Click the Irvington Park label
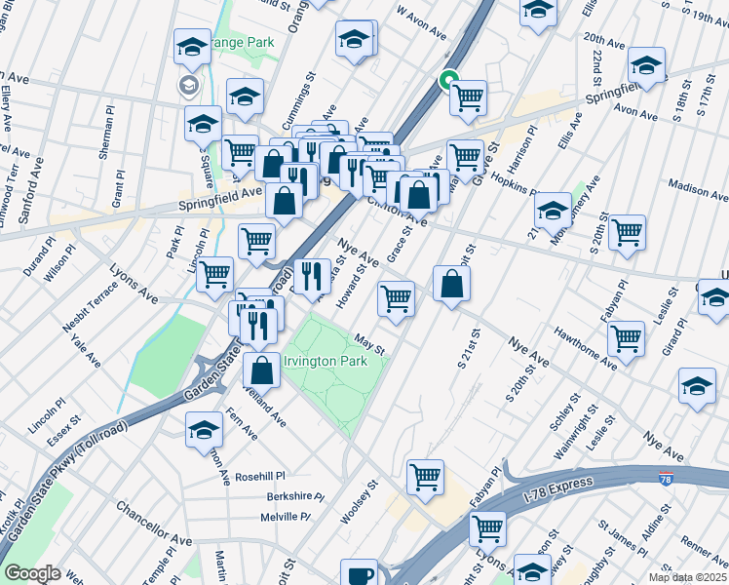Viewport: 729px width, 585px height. point(325,361)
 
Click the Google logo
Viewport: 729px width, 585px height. point(32,573)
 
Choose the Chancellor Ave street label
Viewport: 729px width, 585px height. point(154,523)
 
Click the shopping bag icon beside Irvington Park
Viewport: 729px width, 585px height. point(261,370)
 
